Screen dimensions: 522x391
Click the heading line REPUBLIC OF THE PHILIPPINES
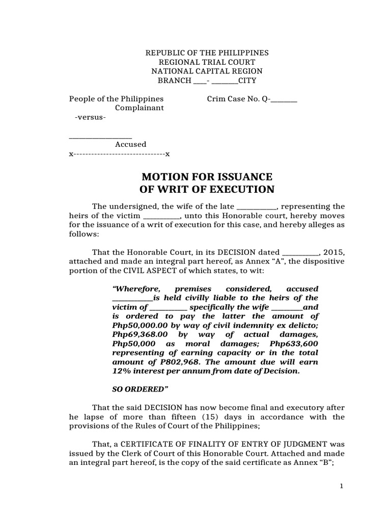coord(207,53)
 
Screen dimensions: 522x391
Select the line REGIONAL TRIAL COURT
coord(207,62)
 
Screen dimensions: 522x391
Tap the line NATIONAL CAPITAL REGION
coord(207,71)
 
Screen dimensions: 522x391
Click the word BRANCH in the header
coord(174,81)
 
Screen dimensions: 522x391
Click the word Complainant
coord(139,108)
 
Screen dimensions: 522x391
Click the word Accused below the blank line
coord(130,144)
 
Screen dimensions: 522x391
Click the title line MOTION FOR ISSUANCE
coord(207,177)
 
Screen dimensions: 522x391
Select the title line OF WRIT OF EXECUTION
coord(207,190)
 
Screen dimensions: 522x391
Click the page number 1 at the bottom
coord(342,486)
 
